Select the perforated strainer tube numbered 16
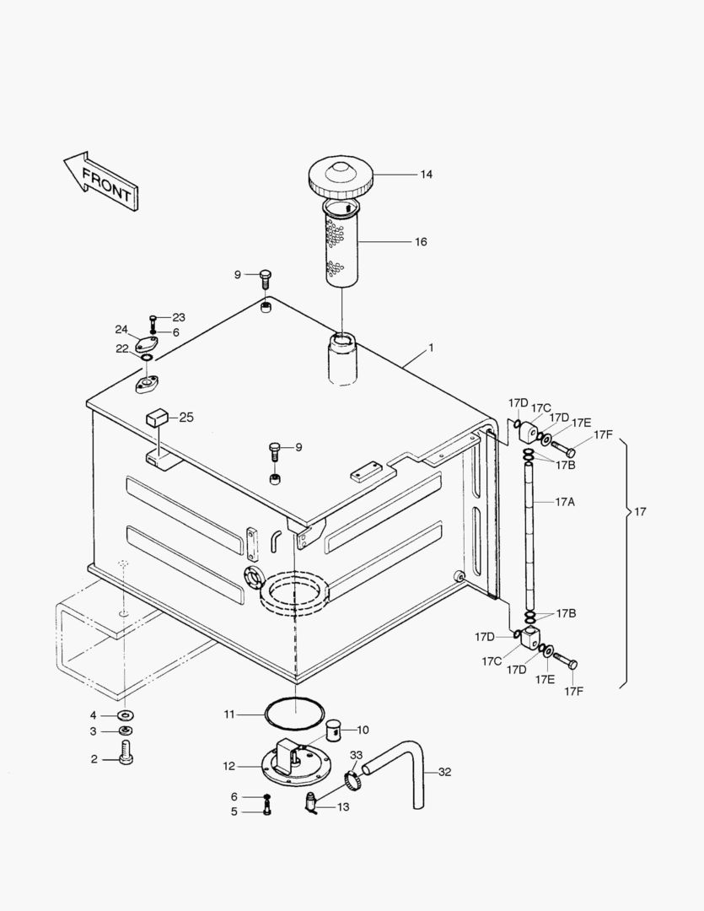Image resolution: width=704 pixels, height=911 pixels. pos(340,245)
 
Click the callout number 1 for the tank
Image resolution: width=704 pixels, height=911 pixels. pos(431,348)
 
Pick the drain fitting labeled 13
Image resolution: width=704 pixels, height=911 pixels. pos(312,806)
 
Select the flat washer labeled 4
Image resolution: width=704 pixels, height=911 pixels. pos(125,715)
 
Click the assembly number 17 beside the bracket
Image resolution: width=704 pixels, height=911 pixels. pos(640,512)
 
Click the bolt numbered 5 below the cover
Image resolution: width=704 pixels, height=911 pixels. pos(267,811)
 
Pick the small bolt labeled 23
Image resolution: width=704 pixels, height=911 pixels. pos(153,321)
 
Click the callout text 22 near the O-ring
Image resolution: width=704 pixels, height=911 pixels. pos(122,348)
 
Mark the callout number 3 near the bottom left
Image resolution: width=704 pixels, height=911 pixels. pos(94,730)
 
